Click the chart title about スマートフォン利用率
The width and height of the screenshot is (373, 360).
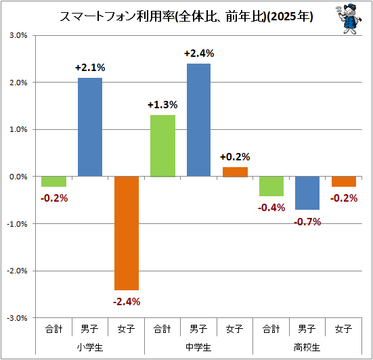tap(186, 17)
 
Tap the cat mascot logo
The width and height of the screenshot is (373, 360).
tap(349, 19)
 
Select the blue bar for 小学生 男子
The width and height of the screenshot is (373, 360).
tap(90, 127)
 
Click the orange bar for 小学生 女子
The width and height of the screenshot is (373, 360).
tap(127, 233)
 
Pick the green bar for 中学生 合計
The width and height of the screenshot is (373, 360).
tap(163, 145)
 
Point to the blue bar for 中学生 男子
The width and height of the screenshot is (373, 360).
tap(198, 120)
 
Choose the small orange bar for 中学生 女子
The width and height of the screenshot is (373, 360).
tap(236, 172)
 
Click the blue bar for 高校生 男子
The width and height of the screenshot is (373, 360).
tap(307, 193)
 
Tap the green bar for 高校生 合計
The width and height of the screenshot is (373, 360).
tap(271, 186)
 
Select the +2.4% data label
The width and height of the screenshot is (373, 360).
tap(199, 53)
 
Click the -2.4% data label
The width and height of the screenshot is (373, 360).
tap(127, 302)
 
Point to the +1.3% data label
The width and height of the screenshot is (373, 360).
tap(162, 105)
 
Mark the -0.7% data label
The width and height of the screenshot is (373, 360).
tap(307, 222)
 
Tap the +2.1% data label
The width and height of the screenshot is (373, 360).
tap(90, 68)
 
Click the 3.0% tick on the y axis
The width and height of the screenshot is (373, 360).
tap(18, 35)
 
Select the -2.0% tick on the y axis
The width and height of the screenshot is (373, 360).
tap(17, 271)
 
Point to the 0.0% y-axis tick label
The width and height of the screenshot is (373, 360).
tap(18, 177)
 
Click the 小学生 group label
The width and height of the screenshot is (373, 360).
tap(90, 347)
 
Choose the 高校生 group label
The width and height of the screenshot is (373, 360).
tap(307, 347)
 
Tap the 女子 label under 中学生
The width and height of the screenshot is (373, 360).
tap(235, 329)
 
